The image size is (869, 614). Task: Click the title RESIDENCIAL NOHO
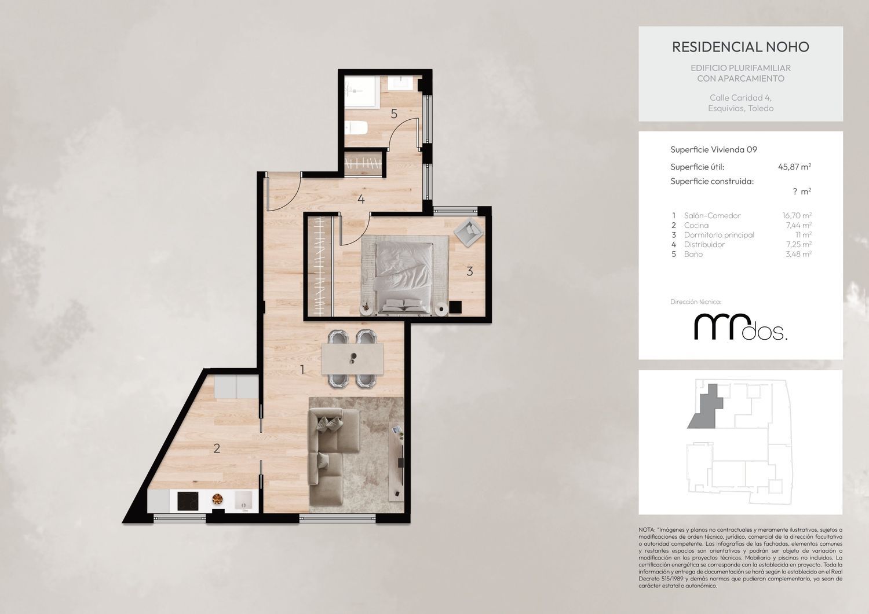tap(740, 47)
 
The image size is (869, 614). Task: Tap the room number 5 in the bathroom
tap(394, 114)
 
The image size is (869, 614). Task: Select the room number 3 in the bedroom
tap(469, 271)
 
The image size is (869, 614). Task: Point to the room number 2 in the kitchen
tap(217, 448)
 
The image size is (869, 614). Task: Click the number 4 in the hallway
tap(361, 199)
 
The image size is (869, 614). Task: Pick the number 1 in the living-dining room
tap(302, 370)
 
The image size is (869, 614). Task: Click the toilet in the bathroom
tap(356, 127)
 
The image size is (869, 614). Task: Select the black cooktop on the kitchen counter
tap(188, 501)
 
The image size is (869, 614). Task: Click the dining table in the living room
tap(352, 359)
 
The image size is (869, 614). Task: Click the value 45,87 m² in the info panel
tap(794, 167)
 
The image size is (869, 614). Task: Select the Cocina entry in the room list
tap(696, 225)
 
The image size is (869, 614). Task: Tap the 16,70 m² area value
tap(797, 215)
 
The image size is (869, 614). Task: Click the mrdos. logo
tap(740, 328)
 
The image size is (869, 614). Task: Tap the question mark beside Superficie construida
tap(795, 191)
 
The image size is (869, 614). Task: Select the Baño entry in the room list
tap(693, 254)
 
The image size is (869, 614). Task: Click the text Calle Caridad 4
tap(740, 98)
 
